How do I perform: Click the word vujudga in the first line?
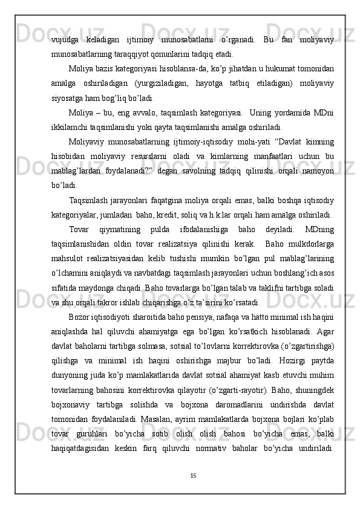pos(65,40)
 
